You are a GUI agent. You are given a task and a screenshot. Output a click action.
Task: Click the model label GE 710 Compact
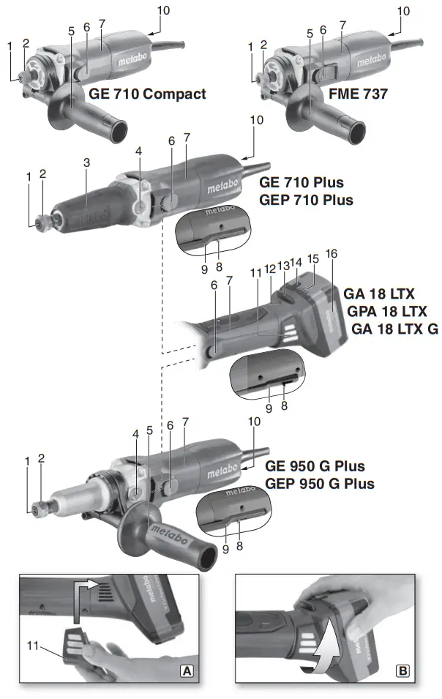pos(147,94)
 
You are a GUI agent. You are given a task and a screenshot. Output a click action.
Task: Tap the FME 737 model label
pos(358,94)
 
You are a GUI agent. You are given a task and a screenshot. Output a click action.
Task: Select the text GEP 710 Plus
pos(306,199)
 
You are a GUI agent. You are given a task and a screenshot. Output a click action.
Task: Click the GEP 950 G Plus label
pos(319,484)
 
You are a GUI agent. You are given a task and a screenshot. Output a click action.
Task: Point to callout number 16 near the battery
pos(331,254)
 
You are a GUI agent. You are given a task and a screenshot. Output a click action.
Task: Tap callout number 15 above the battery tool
pos(312,258)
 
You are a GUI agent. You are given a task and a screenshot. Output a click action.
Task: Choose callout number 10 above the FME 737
pos(402,11)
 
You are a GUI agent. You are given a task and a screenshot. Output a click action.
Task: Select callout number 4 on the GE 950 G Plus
pos(135,433)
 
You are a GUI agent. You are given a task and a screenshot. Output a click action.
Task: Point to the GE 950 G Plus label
pos(315,466)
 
